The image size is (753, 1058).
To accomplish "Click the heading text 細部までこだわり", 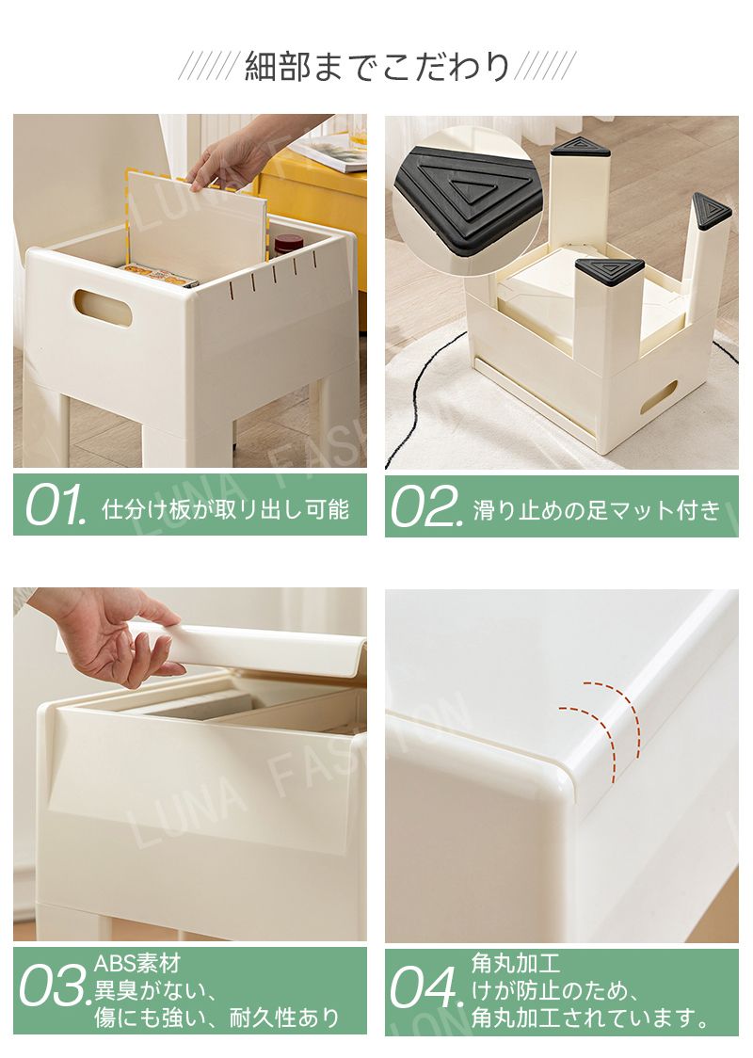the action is click(x=376, y=67).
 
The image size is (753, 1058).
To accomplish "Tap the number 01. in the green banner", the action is click(x=56, y=505).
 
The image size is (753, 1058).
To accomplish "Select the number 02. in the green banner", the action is click(x=427, y=506).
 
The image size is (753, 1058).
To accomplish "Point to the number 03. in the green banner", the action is click(x=56, y=988).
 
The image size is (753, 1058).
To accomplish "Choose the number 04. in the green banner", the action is click(x=427, y=988).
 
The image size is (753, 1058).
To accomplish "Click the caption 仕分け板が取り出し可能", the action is click(x=225, y=508).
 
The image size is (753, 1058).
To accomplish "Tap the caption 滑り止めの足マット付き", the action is click(x=597, y=510).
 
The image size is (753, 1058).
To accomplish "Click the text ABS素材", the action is click(x=137, y=963).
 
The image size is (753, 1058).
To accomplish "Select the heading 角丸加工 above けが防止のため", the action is click(x=516, y=963).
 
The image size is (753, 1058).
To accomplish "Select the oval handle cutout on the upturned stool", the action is click(x=659, y=398).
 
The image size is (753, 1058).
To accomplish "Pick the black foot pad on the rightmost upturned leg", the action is click(x=712, y=211).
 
